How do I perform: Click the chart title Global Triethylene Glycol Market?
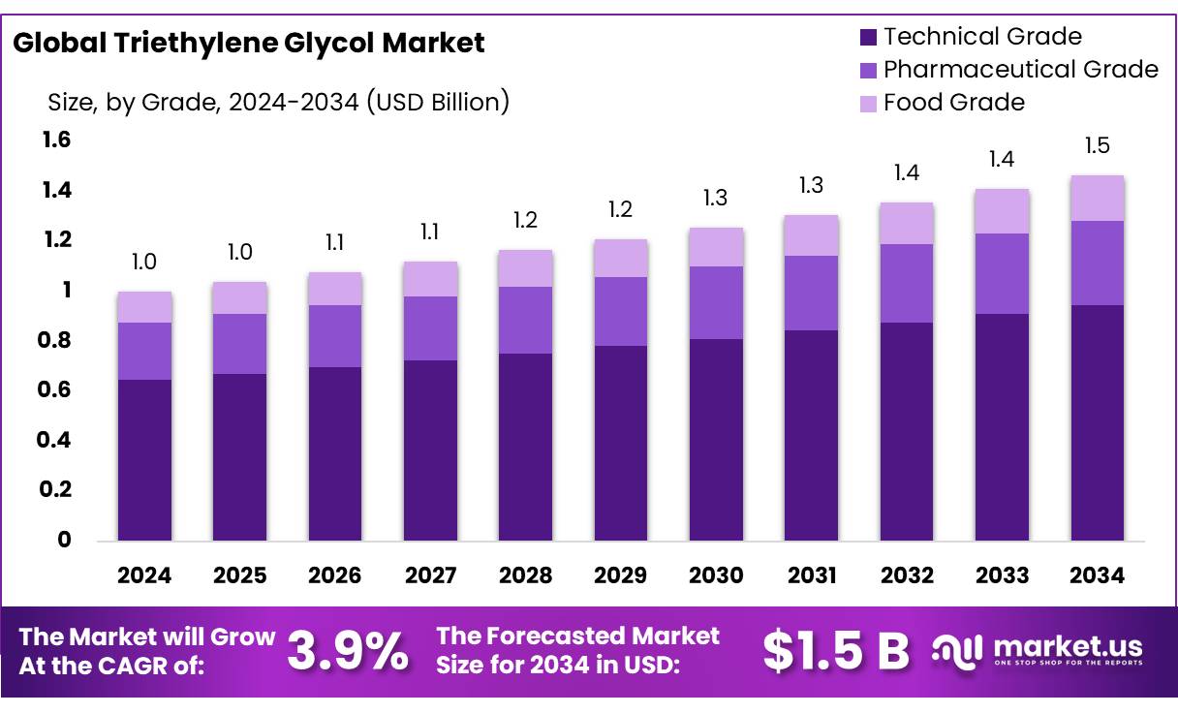pos(249,43)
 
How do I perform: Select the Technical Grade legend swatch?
pos(868,38)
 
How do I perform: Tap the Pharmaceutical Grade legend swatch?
pos(868,70)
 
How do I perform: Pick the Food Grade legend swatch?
pos(868,103)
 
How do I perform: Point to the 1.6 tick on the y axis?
pos(57,140)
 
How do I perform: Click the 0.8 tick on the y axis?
pos(57,340)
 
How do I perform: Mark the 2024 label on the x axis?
pos(144,575)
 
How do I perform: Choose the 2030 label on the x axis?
pos(716,575)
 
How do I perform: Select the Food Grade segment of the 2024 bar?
pos(144,307)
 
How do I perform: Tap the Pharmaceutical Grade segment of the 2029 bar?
pos(621,311)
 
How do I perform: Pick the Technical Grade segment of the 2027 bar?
pos(430,450)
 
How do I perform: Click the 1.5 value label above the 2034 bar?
pos(1098,146)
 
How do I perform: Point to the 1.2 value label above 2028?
pos(526,220)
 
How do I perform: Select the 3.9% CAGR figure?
pos(348,652)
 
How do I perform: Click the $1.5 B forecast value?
pos(836,652)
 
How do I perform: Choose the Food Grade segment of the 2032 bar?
pos(907,224)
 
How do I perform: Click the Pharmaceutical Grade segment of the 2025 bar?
pos(239,344)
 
